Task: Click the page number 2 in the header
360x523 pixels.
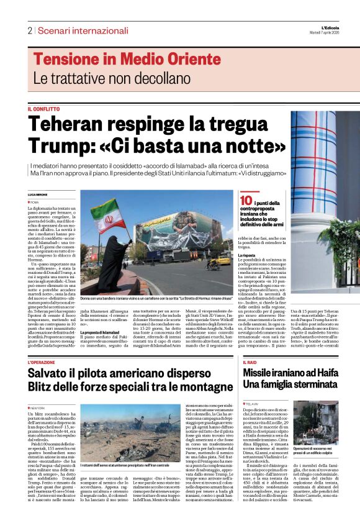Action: (29, 30)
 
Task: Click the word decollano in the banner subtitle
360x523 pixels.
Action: (150, 79)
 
